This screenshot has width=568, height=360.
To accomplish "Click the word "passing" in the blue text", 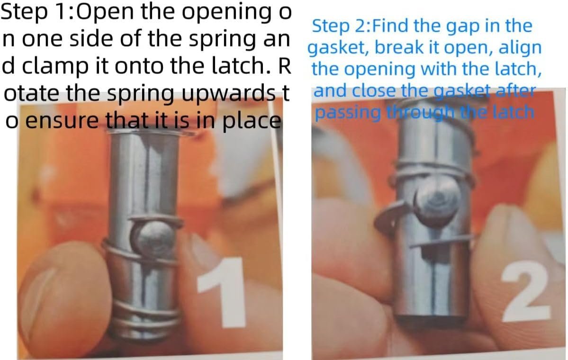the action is pos(348,113).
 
